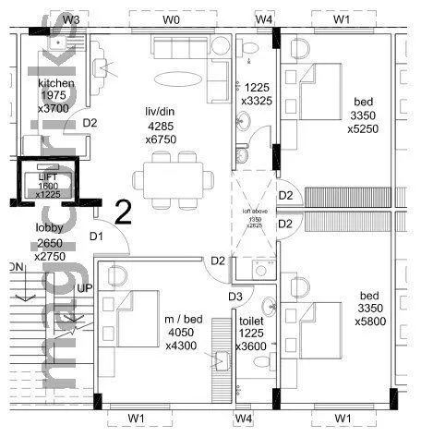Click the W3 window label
point(71,18)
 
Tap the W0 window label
point(171,18)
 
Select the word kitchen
point(55,83)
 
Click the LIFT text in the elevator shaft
point(47,176)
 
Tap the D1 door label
point(96,237)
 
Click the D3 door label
point(236,296)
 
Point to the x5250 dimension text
point(368,129)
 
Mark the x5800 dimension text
point(368,323)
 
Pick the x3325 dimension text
point(256,100)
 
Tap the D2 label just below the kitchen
point(90,122)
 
